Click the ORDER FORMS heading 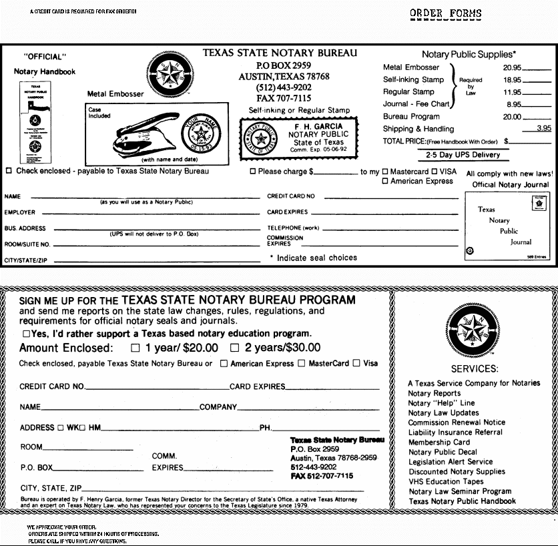point(446,13)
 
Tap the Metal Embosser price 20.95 point(512,67)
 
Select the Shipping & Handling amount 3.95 point(544,128)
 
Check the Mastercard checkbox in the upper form point(384,172)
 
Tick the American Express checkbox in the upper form point(384,181)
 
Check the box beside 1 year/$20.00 point(135,348)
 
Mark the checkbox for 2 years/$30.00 point(234,348)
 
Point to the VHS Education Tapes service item point(446,481)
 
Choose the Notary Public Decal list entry point(443,452)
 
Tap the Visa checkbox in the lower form point(356,363)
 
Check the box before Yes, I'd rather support point(26,333)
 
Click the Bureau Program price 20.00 point(512,116)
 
